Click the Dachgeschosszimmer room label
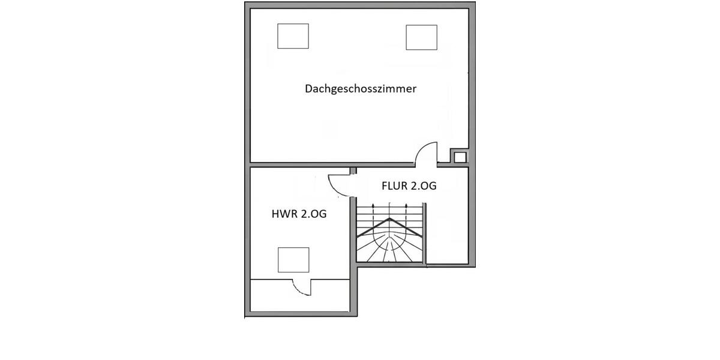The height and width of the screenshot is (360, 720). (361, 89)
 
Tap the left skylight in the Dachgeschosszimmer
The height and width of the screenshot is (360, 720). (293, 37)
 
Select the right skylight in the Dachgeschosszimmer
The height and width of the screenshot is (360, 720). (421, 37)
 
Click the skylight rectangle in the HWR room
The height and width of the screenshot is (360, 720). (293, 260)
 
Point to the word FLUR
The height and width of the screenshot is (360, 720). (395, 186)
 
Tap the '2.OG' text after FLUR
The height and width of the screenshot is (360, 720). (424, 186)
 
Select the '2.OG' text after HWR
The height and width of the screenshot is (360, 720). (313, 214)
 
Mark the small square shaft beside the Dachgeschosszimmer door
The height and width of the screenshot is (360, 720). (460, 157)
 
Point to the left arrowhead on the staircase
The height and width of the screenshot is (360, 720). (373, 205)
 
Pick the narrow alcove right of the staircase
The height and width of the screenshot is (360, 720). (446, 234)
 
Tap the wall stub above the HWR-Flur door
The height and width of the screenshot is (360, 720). (353, 170)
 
